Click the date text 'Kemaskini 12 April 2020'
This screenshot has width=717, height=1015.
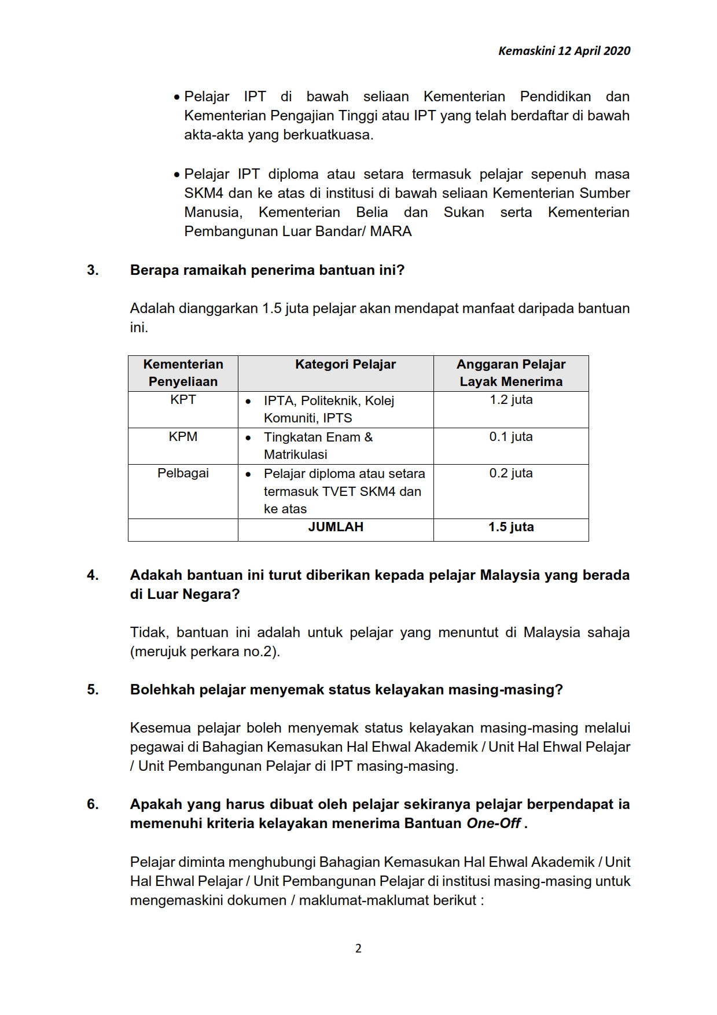[564, 51]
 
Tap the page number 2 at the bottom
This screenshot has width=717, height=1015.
[358, 948]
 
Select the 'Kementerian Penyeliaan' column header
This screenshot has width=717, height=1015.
[183, 373]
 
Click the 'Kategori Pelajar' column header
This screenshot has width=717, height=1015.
[345, 365]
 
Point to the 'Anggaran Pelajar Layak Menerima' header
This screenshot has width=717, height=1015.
[511, 373]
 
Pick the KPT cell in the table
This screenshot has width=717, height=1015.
[183, 400]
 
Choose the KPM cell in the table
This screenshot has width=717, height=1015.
[183, 437]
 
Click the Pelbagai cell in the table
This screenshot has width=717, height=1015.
[183, 473]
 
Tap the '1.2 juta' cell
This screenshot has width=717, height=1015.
[511, 400]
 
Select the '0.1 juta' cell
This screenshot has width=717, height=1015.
[511, 437]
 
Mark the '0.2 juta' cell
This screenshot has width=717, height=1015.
[511, 473]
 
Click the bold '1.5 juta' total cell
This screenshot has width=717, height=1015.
[511, 527]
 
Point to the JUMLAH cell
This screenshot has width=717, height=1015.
[336, 527]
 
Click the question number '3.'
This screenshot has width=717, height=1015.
[93, 270]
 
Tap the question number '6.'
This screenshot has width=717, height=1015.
[93, 804]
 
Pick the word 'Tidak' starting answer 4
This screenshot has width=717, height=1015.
[149, 632]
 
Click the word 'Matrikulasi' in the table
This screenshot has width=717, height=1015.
[296, 455]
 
